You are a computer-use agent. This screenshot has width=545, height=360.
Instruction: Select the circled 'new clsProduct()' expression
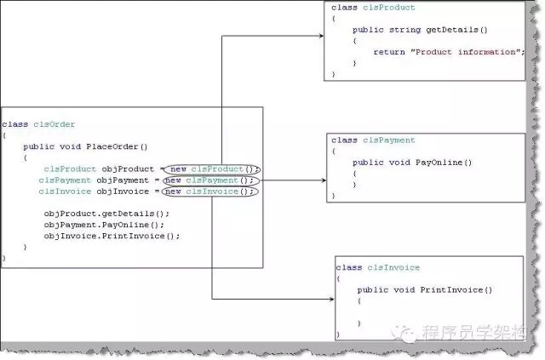point(213,169)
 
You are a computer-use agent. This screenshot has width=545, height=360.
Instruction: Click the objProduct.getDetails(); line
point(106,214)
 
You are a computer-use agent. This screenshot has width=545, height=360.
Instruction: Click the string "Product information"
point(464,52)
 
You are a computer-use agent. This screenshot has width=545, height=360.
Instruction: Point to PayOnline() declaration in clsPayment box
point(443,162)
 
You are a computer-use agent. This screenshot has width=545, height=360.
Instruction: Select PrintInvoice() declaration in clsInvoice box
point(456,289)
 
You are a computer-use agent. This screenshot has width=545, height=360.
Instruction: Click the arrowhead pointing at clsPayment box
point(323,180)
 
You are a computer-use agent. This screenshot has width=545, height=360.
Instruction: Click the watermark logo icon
point(410,334)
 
